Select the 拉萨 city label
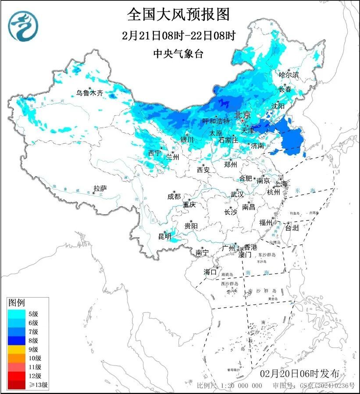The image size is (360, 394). click(100, 189)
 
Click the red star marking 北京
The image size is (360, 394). click(242, 121)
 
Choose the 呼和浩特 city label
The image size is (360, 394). click(216, 121)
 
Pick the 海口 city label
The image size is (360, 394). click(210, 272)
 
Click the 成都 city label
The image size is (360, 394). click(174, 197)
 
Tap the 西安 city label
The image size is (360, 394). click(203, 169)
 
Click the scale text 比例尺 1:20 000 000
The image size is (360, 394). click(229, 386)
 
